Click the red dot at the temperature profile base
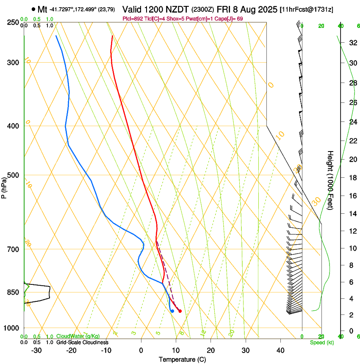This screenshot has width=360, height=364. (x=180, y=311)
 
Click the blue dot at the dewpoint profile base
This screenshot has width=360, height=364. (x=172, y=311)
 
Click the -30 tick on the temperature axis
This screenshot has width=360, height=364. (x=36, y=350)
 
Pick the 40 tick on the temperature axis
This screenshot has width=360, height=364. (x=280, y=350)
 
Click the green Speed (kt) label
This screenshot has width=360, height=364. (x=321, y=342)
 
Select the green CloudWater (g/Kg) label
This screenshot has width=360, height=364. (x=81, y=336)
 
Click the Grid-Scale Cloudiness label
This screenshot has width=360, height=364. (x=82, y=342)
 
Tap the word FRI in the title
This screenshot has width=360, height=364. (x=224, y=9)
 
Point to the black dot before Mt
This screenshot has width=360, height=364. (x=33, y=9)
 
